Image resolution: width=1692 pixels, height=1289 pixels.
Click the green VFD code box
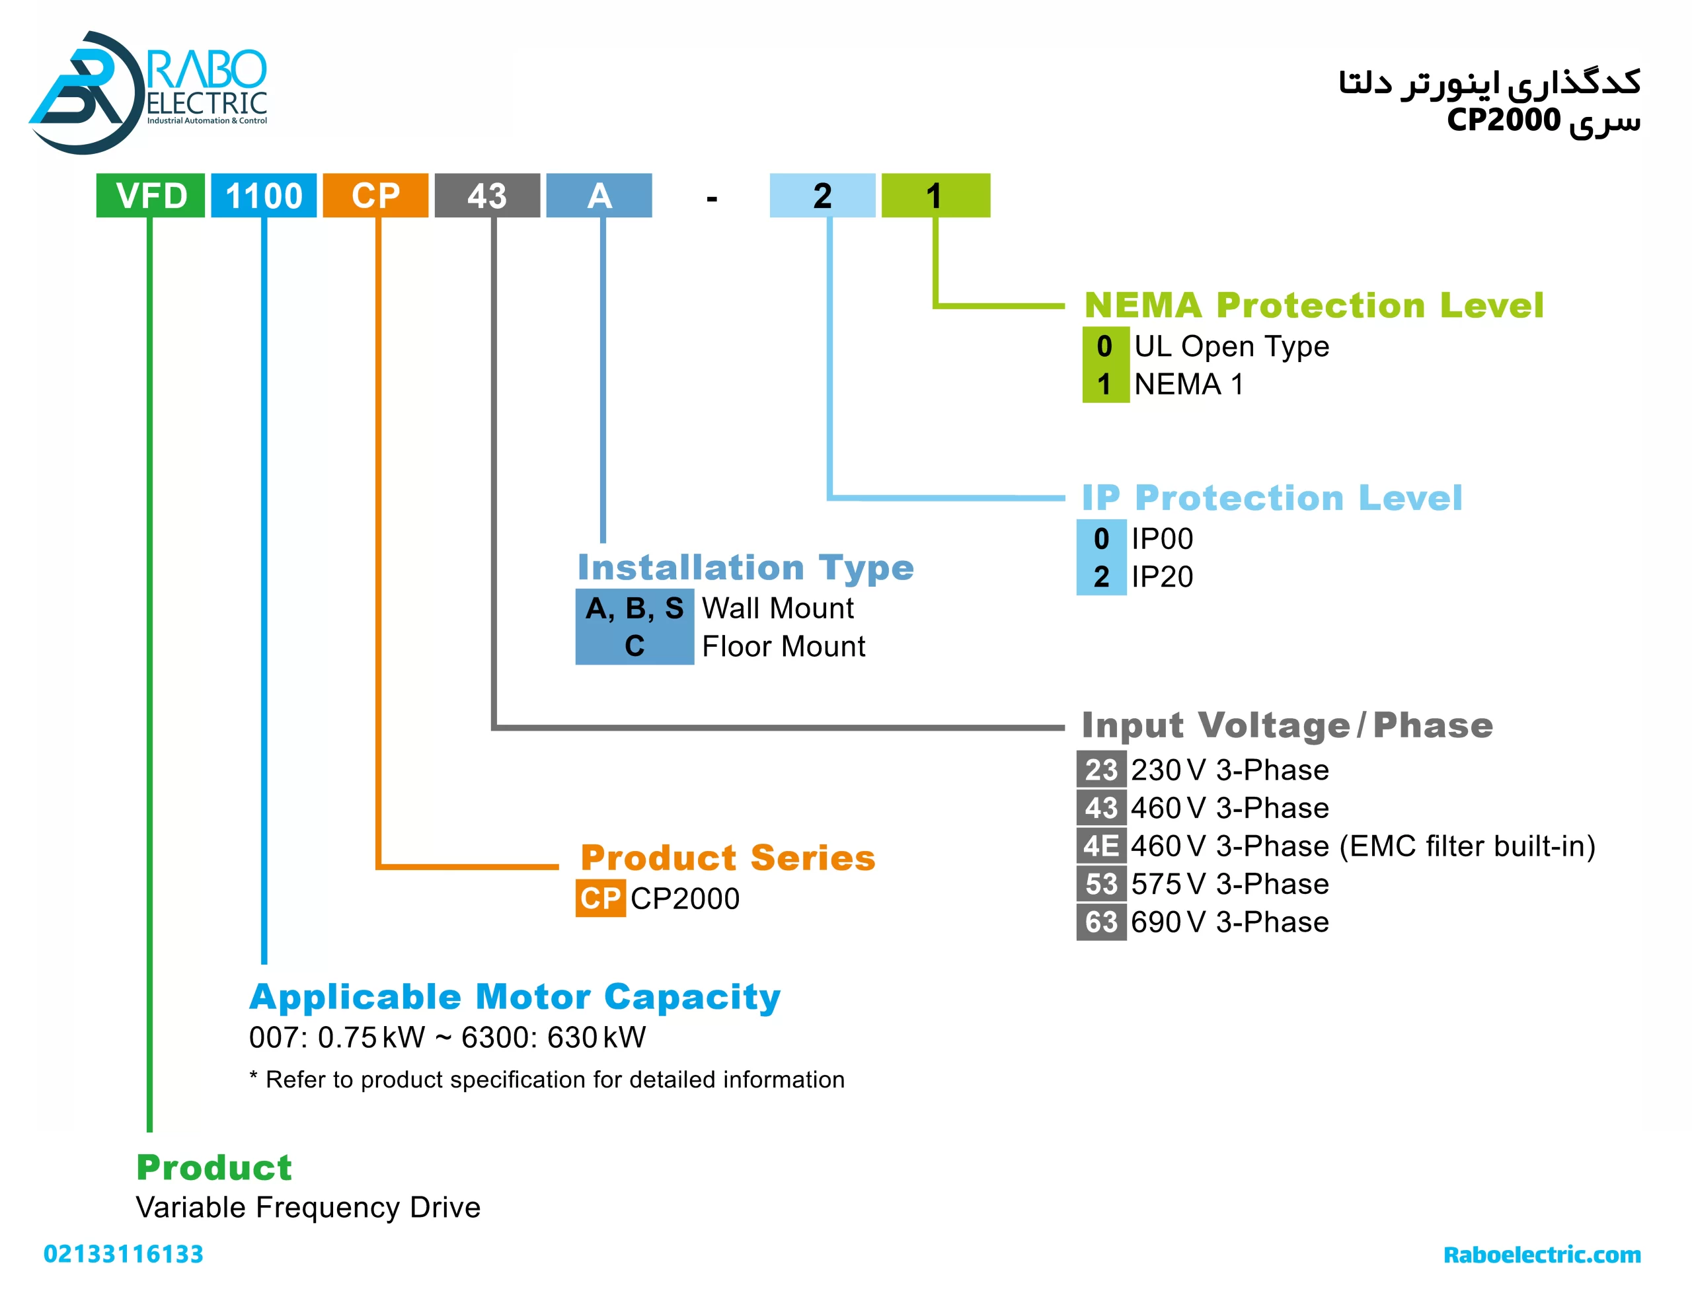(151, 196)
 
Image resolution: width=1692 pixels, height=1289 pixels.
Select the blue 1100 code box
(263, 196)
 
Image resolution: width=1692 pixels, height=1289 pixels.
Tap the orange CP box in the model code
(375, 196)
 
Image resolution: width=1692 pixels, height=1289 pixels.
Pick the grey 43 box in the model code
(486, 196)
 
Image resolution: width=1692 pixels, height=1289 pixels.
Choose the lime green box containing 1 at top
(935, 196)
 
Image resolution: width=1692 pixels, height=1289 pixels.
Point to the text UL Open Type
(1231, 346)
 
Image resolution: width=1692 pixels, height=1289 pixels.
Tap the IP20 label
(1162, 577)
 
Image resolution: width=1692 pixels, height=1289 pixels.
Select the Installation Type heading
(745, 568)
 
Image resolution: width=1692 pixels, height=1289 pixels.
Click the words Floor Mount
(783, 647)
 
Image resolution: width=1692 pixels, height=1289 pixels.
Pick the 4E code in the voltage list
(1101, 846)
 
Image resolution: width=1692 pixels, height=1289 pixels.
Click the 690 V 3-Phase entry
(1229, 922)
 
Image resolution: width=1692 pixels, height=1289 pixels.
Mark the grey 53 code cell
(1101, 884)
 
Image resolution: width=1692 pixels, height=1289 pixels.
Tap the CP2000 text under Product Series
(685, 899)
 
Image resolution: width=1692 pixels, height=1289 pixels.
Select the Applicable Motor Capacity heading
(515, 998)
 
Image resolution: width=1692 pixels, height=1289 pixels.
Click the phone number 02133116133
(124, 1255)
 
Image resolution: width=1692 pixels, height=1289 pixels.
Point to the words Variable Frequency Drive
(308, 1208)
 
